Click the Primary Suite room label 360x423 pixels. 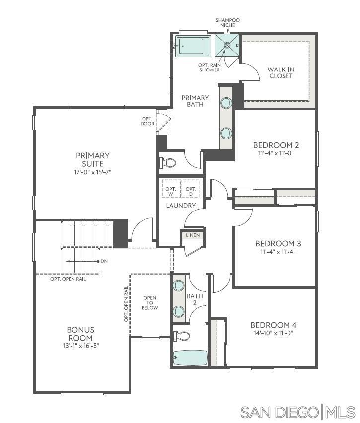coord(93,159)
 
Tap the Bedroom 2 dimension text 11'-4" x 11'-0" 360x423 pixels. coord(276,154)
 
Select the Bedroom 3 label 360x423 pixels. coord(278,243)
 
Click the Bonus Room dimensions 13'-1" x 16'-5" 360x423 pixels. coord(80,345)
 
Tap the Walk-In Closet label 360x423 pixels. coord(281,72)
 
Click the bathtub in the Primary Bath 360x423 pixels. coord(191,47)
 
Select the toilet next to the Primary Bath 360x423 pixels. coord(169,163)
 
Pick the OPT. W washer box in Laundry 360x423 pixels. coord(171,189)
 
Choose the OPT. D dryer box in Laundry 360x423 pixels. coord(190,189)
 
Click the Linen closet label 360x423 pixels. coord(192,235)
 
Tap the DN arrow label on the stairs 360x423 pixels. coord(104,261)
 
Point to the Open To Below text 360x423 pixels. coord(150,303)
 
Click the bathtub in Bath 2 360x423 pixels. coord(190,357)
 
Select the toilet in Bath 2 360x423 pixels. coord(183,336)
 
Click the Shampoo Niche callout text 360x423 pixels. coord(227,23)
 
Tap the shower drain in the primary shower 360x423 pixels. coord(227,45)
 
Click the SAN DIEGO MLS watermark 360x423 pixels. coord(298,412)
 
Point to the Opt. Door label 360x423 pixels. coord(147,121)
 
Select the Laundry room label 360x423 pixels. coord(181,205)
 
